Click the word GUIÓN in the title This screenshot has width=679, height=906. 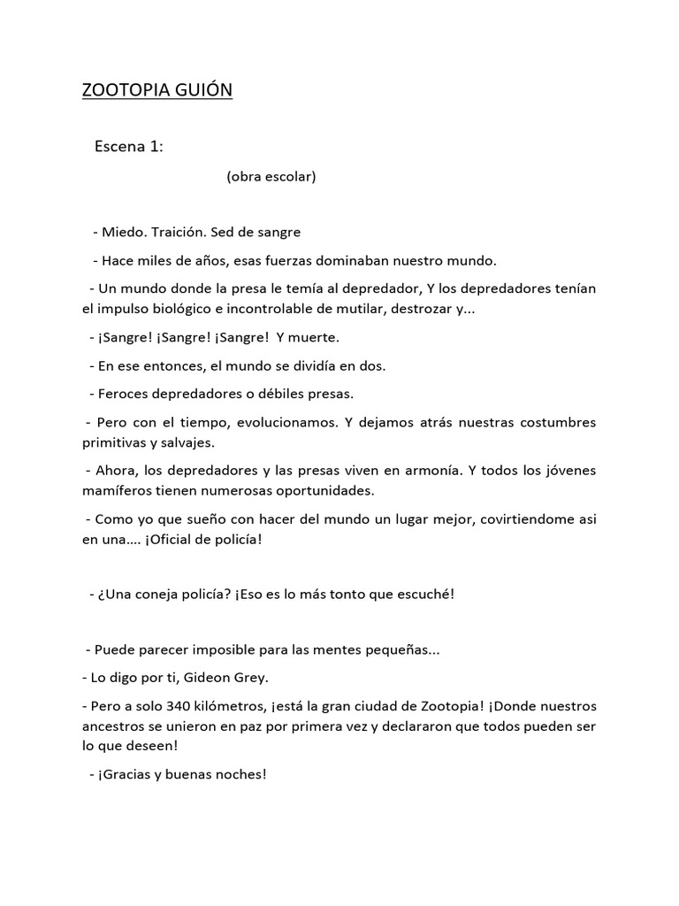click(199, 90)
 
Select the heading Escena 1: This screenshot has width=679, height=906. click(129, 147)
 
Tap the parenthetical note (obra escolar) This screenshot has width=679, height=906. click(271, 176)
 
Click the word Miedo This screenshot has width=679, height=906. click(122, 232)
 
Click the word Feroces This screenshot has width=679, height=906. click(124, 393)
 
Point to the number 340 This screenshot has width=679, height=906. click(184, 707)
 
